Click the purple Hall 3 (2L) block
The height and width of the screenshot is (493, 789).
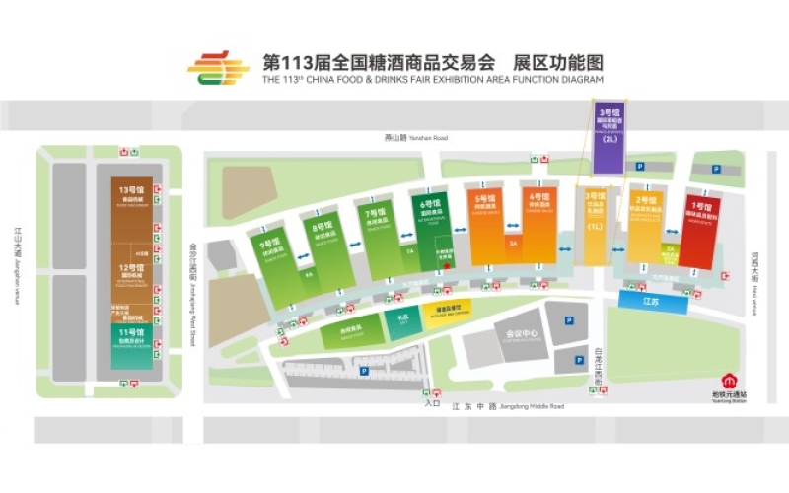coord(609,137)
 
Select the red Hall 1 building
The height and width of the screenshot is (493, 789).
coord(698,232)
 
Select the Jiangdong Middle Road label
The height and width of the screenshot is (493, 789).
coord(508,406)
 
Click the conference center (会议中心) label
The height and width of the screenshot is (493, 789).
coord(521,335)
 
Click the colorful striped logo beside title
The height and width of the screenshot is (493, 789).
coord(219,68)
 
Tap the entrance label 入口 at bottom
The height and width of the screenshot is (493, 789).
coord(432,402)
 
